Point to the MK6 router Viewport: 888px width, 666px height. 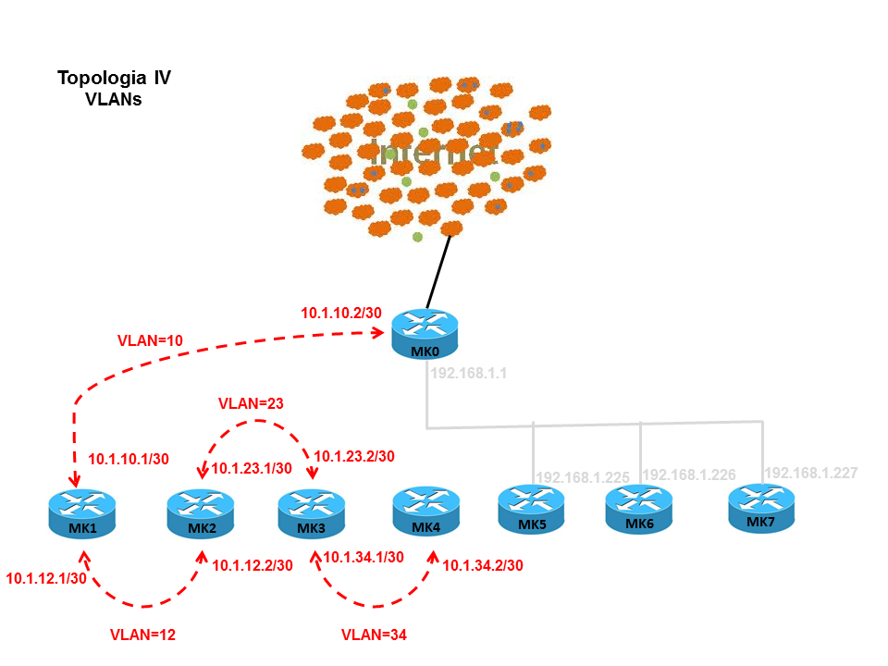coord(638,510)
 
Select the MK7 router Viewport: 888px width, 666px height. coord(760,508)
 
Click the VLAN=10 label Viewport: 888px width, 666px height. coord(151,340)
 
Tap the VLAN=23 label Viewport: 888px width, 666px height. coord(250,403)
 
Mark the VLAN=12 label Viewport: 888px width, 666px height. coord(142,635)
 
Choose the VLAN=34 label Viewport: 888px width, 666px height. coord(374,635)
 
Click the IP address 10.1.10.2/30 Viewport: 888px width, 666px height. coord(341,313)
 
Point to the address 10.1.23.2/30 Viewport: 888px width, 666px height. coord(354,456)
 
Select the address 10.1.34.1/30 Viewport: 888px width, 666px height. coord(364,557)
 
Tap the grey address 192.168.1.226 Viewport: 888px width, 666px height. coord(689,475)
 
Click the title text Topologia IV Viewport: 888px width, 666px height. coord(114,78)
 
